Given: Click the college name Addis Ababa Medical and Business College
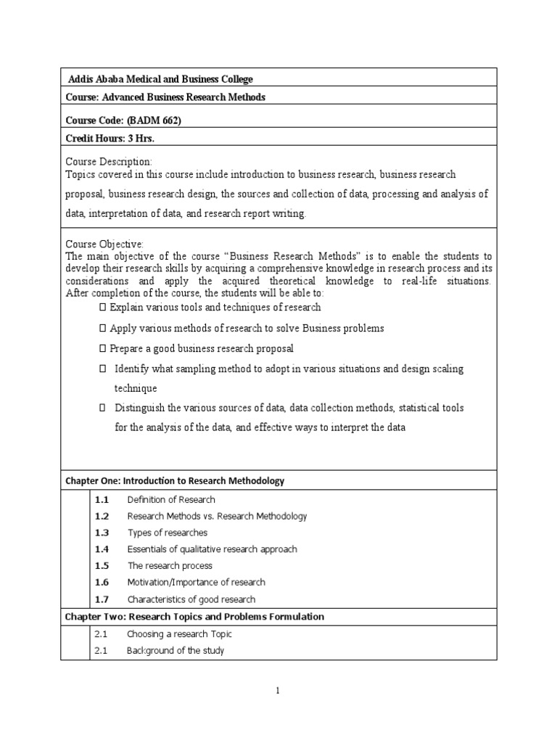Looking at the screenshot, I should [160, 79].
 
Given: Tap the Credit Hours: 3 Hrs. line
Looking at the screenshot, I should [110, 139].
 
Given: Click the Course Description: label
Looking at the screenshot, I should [109, 161].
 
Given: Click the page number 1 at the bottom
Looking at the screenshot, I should [278, 690].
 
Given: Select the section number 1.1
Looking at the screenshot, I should [102, 500].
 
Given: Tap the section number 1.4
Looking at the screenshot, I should [102, 549].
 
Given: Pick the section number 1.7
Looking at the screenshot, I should [102, 599].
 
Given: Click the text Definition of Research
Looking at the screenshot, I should [171, 500].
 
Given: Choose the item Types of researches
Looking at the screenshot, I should [167, 533].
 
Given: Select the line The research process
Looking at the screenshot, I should [170, 566].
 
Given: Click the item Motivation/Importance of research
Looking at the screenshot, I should [196, 583].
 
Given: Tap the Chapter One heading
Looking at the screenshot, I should [175, 481].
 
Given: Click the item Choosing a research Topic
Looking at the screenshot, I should [179, 634].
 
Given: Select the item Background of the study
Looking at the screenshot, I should [176, 651].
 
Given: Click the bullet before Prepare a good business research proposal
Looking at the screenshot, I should [103, 348].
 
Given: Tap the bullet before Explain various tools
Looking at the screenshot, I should [103, 308].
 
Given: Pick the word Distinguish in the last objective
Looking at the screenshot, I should [141, 408].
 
